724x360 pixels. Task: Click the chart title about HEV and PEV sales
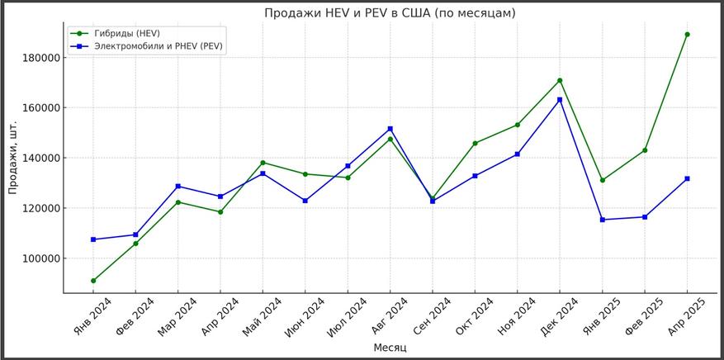pyautogui.click(x=390, y=13)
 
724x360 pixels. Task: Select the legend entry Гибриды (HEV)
pyautogui.click(x=126, y=33)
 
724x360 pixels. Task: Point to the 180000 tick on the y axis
pyautogui.click(x=40, y=58)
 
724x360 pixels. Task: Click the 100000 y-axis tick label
pyautogui.click(x=40, y=258)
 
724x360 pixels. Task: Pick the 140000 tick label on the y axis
pyautogui.click(x=40, y=158)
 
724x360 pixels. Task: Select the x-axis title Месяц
pyautogui.click(x=390, y=348)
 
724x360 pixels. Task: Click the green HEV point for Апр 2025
pyautogui.click(x=687, y=35)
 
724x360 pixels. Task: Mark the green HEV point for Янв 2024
pyautogui.click(x=93, y=281)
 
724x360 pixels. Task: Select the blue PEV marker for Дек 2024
pyautogui.click(x=560, y=100)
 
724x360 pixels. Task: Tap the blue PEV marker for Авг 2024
pyautogui.click(x=390, y=129)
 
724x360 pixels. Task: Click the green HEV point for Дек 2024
pyautogui.click(x=560, y=80)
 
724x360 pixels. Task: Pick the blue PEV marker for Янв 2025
pyautogui.click(x=602, y=220)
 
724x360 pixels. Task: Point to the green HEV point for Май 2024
pyautogui.click(x=263, y=163)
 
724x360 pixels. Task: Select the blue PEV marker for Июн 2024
pyautogui.click(x=305, y=201)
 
